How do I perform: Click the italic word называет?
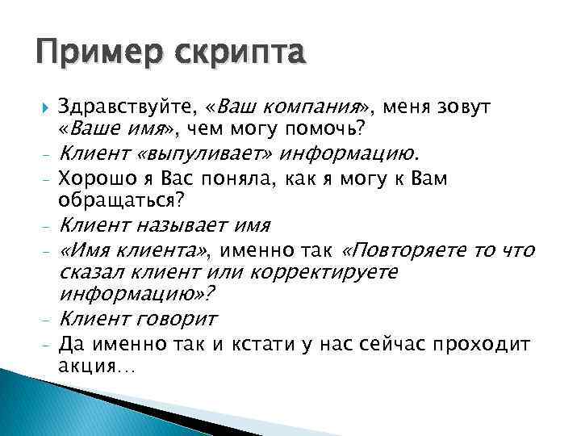(x=173, y=224)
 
